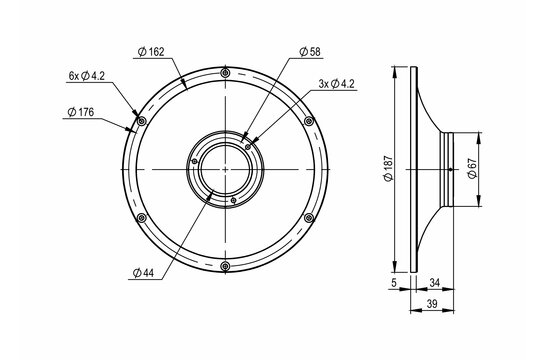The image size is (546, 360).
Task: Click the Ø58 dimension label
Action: [x=311, y=51]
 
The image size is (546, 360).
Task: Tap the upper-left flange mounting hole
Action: [x=141, y=122]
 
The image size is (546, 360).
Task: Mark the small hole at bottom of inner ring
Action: [x=233, y=199]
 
